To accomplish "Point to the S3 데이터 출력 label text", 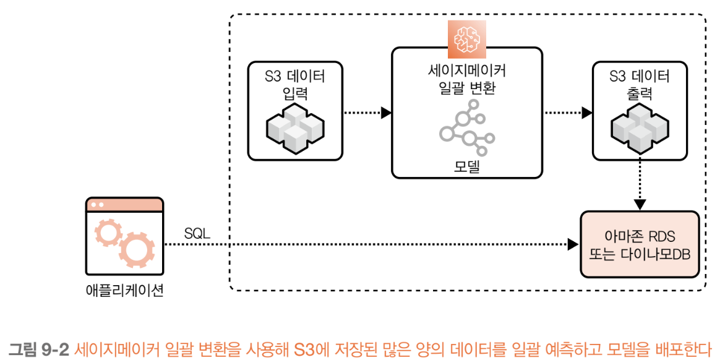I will click(640, 85).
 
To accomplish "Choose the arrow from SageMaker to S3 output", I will click(567, 113).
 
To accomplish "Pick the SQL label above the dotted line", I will click(197, 234).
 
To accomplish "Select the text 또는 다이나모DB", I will click(640, 254).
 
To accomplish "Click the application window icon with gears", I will click(124, 236).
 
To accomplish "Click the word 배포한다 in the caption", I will click(687, 348).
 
